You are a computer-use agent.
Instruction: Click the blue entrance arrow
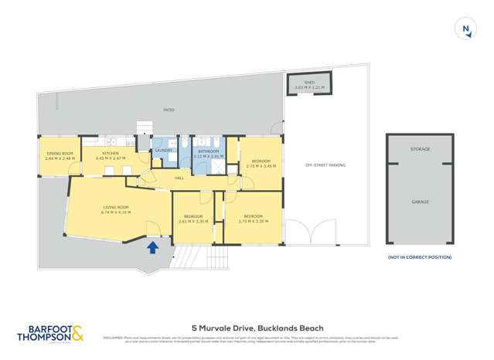[153, 247]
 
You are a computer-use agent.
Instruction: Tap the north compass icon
[465, 30]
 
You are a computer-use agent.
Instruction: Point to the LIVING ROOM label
[117, 209]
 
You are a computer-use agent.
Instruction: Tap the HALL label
[179, 178]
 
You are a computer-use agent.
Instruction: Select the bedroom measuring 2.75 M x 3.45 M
[261, 163]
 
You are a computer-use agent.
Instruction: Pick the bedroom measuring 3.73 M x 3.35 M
[253, 218]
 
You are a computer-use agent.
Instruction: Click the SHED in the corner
[309, 84]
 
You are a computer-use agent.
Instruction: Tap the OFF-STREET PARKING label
[325, 165]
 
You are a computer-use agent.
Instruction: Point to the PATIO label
[169, 110]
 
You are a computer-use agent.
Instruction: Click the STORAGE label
[420, 149]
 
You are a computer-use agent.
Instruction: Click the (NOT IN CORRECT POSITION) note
[420, 257]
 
